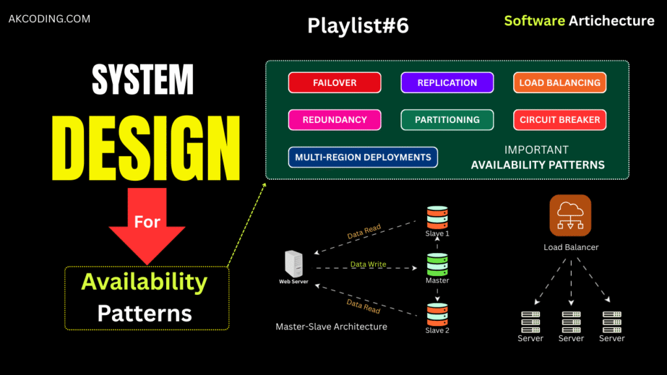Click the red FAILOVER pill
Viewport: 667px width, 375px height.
(334, 83)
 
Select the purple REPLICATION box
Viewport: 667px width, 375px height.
(447, 83)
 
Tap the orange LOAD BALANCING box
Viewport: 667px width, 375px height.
(560, 83)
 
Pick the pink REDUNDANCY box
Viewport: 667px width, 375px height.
(334, 120)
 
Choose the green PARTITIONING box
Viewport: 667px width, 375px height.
(447, 120)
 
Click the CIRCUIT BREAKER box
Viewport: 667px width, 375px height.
(560, 120)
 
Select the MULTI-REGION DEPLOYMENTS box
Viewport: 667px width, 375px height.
(363, 157)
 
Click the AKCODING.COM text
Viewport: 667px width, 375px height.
(50, 19)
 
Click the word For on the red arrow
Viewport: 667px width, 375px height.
(147, 222)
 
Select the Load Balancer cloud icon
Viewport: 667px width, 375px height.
(570, 215)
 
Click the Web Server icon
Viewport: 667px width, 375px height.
(293, 264)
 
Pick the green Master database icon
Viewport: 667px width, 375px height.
(437, 264)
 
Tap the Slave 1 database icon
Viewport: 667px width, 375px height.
(437, 217)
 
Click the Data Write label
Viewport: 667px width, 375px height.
(368, 264)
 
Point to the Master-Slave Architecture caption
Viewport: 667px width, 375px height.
(331, 326)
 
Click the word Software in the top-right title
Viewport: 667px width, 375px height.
(534, 20)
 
